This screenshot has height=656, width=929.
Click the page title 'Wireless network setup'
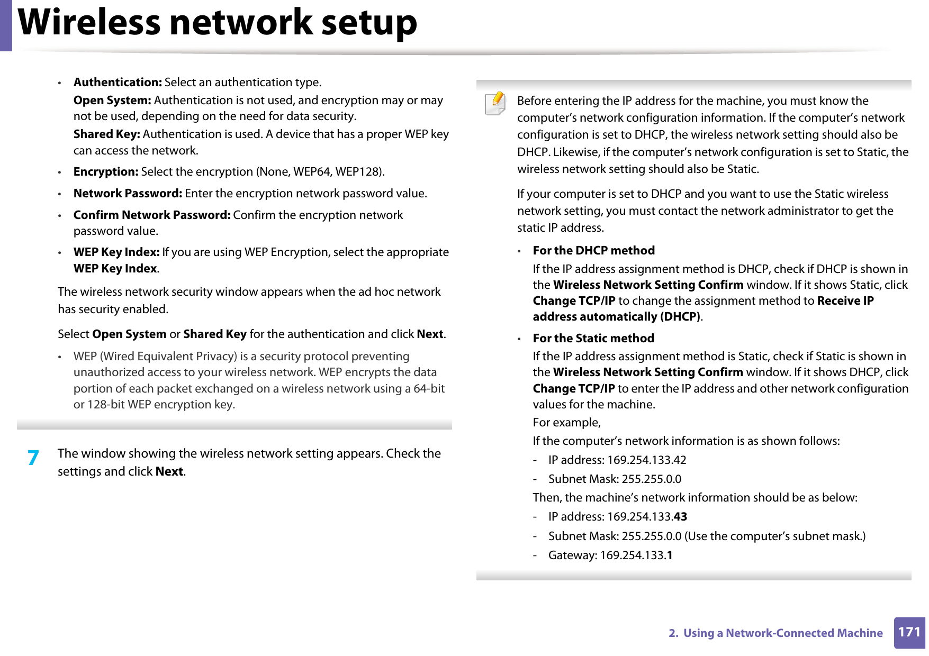[217, 23]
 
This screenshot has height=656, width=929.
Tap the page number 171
[909, 632]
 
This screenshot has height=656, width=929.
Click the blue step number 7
[33, 458]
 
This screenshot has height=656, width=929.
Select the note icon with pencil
[495, 103]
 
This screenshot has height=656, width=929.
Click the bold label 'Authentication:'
[118, 83]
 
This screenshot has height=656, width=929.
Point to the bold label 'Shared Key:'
[106, 134]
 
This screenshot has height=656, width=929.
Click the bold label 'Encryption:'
[106, 172]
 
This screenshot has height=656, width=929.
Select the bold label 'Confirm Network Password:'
[152, 215]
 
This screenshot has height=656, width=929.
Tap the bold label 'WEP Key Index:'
[116, 252]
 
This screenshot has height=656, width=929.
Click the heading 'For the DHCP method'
[593, 251]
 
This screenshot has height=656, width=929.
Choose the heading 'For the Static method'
[593, 339]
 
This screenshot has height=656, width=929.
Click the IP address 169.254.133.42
[646, 460]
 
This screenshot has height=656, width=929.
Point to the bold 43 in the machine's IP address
[680, 517]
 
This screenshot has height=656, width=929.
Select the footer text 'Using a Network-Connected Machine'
[782, 633]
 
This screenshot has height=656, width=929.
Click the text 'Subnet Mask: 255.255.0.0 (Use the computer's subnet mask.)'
[707, 536]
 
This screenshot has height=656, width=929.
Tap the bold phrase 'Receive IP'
[845, 301]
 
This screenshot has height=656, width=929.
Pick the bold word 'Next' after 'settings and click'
[169, 472]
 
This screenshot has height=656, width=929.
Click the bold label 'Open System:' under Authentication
[112, 101]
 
